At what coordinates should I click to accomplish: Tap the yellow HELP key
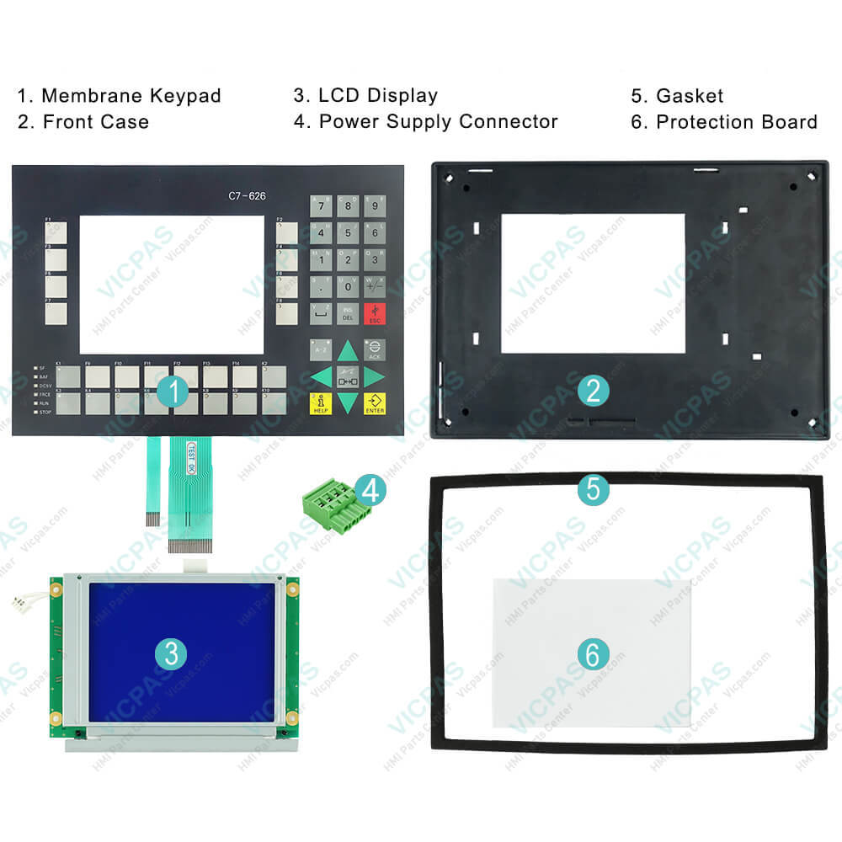(x=320, y=403)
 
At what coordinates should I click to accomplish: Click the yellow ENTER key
(x=375, y=403)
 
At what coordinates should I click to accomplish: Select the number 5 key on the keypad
(x=348, y=233)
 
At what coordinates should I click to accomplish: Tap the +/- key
(x=375, y=287)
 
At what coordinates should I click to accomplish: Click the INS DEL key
(x=348, y=314)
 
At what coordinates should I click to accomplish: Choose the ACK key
(x=375, y=349)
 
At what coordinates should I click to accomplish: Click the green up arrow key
(x=348, y=349)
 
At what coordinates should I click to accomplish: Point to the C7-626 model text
(x=247, y=197)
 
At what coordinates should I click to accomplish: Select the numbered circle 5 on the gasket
(x=594, y=489)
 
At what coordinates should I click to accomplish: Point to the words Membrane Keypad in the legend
(x=131, y=96)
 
